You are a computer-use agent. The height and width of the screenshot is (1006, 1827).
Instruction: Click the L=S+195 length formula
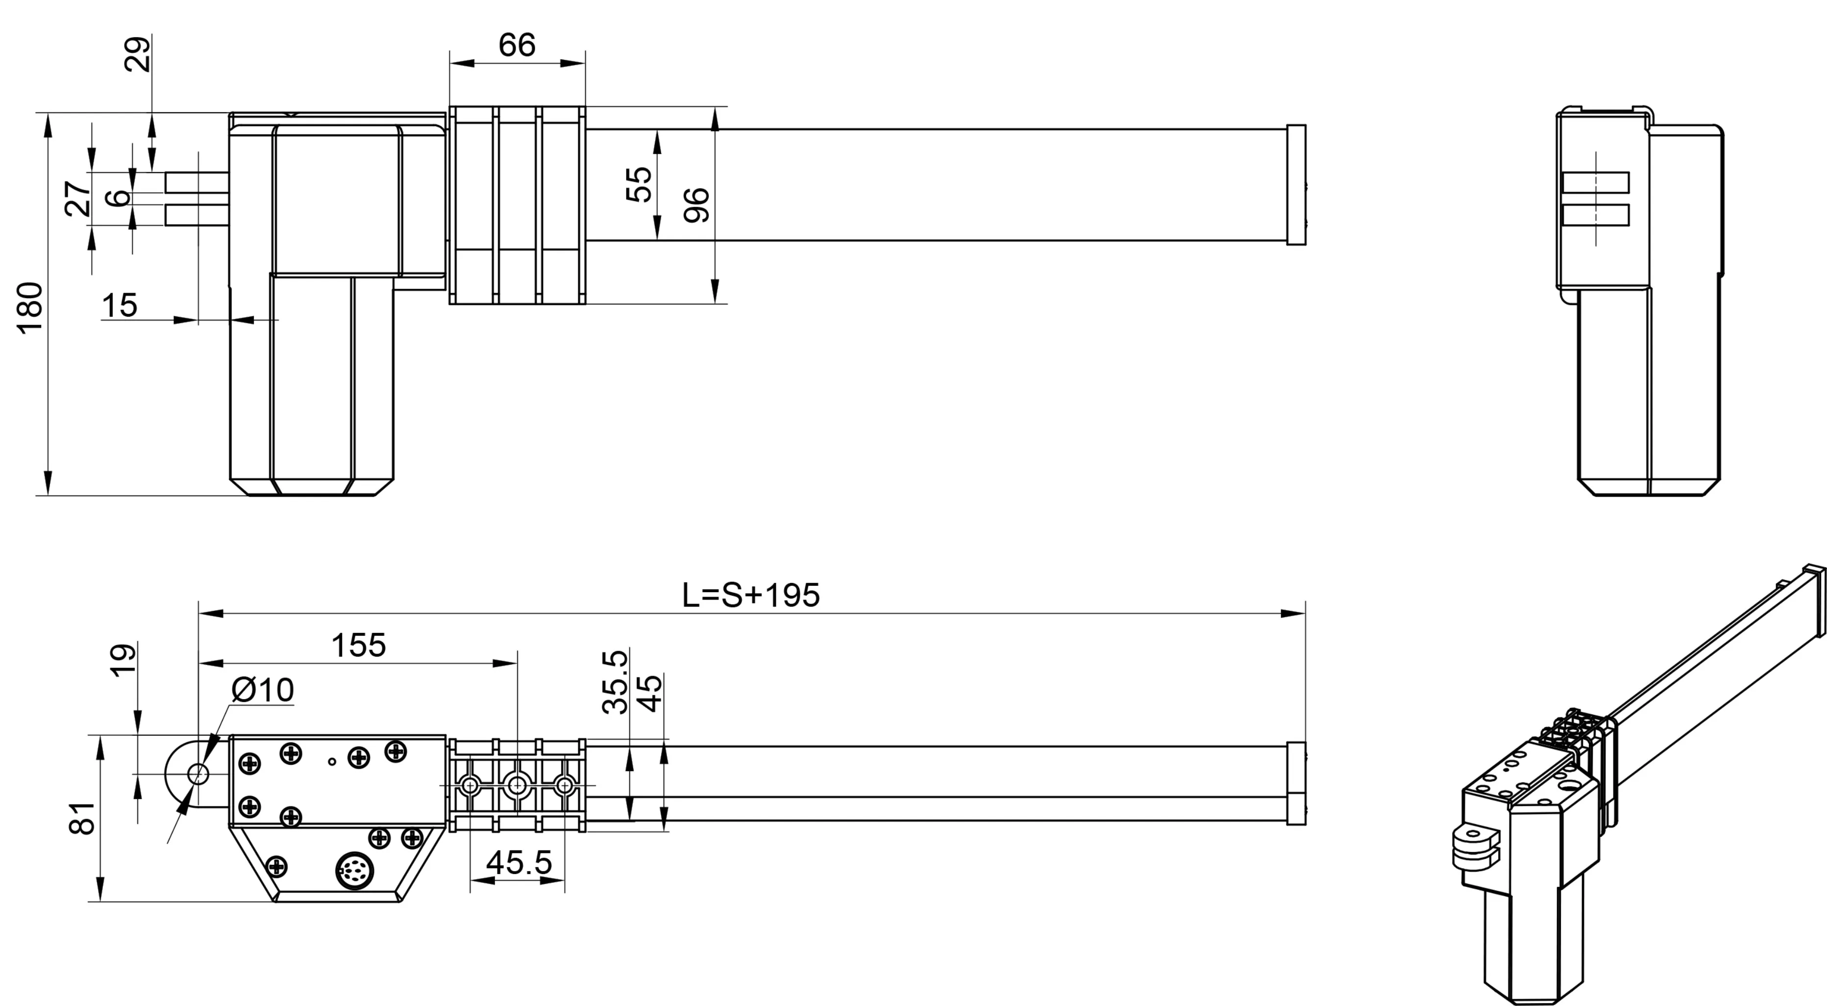point(750,595)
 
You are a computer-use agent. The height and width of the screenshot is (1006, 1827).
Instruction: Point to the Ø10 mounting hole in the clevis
point(198,773)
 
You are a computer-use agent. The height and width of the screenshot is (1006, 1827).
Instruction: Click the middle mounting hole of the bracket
point(517,785)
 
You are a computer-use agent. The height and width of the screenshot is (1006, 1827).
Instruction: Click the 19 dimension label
point(123,660)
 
